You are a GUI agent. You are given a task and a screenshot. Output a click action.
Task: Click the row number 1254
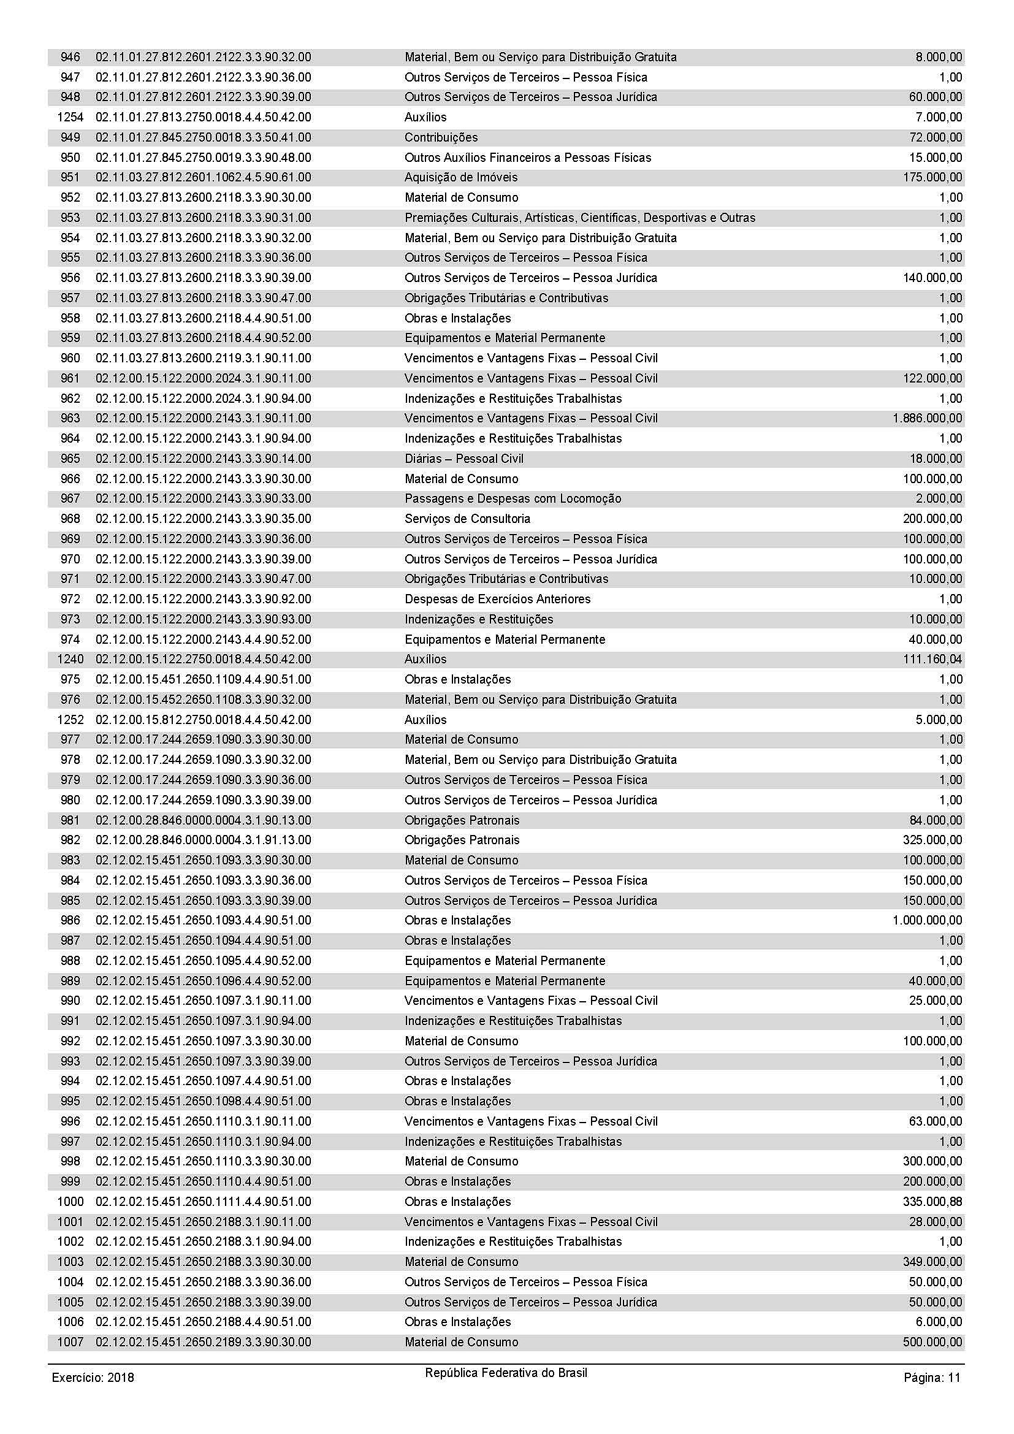(x=69, y=118)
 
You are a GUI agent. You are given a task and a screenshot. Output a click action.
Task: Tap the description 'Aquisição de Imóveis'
(x=461, y=177)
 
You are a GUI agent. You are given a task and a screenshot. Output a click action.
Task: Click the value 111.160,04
(x=932, y=659)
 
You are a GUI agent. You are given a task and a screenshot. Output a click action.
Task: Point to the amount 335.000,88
(x=932, y=1202)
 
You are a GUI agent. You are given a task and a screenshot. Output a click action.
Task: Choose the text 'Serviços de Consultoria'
(x=467, y=519)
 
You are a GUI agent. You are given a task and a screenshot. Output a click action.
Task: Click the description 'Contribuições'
(x=441, y=137)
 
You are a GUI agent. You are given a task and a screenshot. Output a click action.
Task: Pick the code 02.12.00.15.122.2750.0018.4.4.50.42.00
(x=203, y=659)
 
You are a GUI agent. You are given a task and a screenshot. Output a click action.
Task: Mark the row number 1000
(x=69, y=1202)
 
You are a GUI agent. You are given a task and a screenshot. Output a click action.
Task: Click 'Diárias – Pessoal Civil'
(x=464, y=459)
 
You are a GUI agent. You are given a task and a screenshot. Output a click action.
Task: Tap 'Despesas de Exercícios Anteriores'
(x=497, y=599)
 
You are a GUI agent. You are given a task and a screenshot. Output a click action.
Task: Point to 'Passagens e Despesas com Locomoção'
(x=513, y=498)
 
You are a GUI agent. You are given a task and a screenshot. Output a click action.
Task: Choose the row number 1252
(x=69, y=720)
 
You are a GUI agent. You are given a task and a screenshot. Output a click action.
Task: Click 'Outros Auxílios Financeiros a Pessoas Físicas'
(x=528, y=158)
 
